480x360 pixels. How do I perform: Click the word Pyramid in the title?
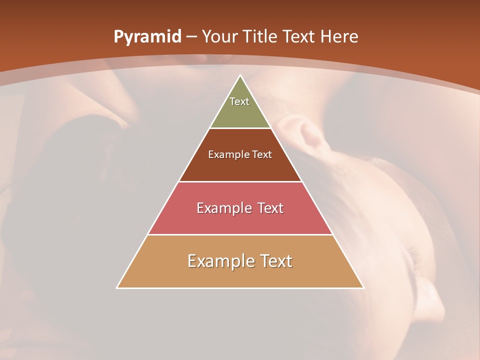[x=147, y=37]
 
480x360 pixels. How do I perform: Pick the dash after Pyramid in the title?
[x=191, y=37]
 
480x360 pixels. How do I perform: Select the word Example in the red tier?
[x=223, y=208]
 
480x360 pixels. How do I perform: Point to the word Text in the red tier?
[x=270, y=208]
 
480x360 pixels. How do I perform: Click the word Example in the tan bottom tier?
[x=220, y=261]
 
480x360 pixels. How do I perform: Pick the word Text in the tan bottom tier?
[x=276, y=261]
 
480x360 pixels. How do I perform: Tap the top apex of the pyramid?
[x=240, y=76]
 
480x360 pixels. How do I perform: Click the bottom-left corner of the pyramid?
[x=117, y=287]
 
